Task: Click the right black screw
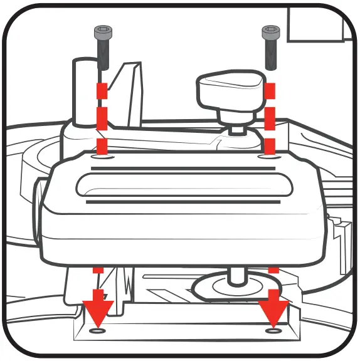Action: pyautogui.click(x=270, y=48)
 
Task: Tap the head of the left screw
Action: pyautogui.click(x=101, y=31)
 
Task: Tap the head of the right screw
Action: pyautogui.click(x=270, y=31)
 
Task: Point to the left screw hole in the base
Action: pyautogui.click(x=98, y=330)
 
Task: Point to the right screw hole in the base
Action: pyautogui.click(x=272, y=330)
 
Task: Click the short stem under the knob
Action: pyautogui.click(x=236, y=125)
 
